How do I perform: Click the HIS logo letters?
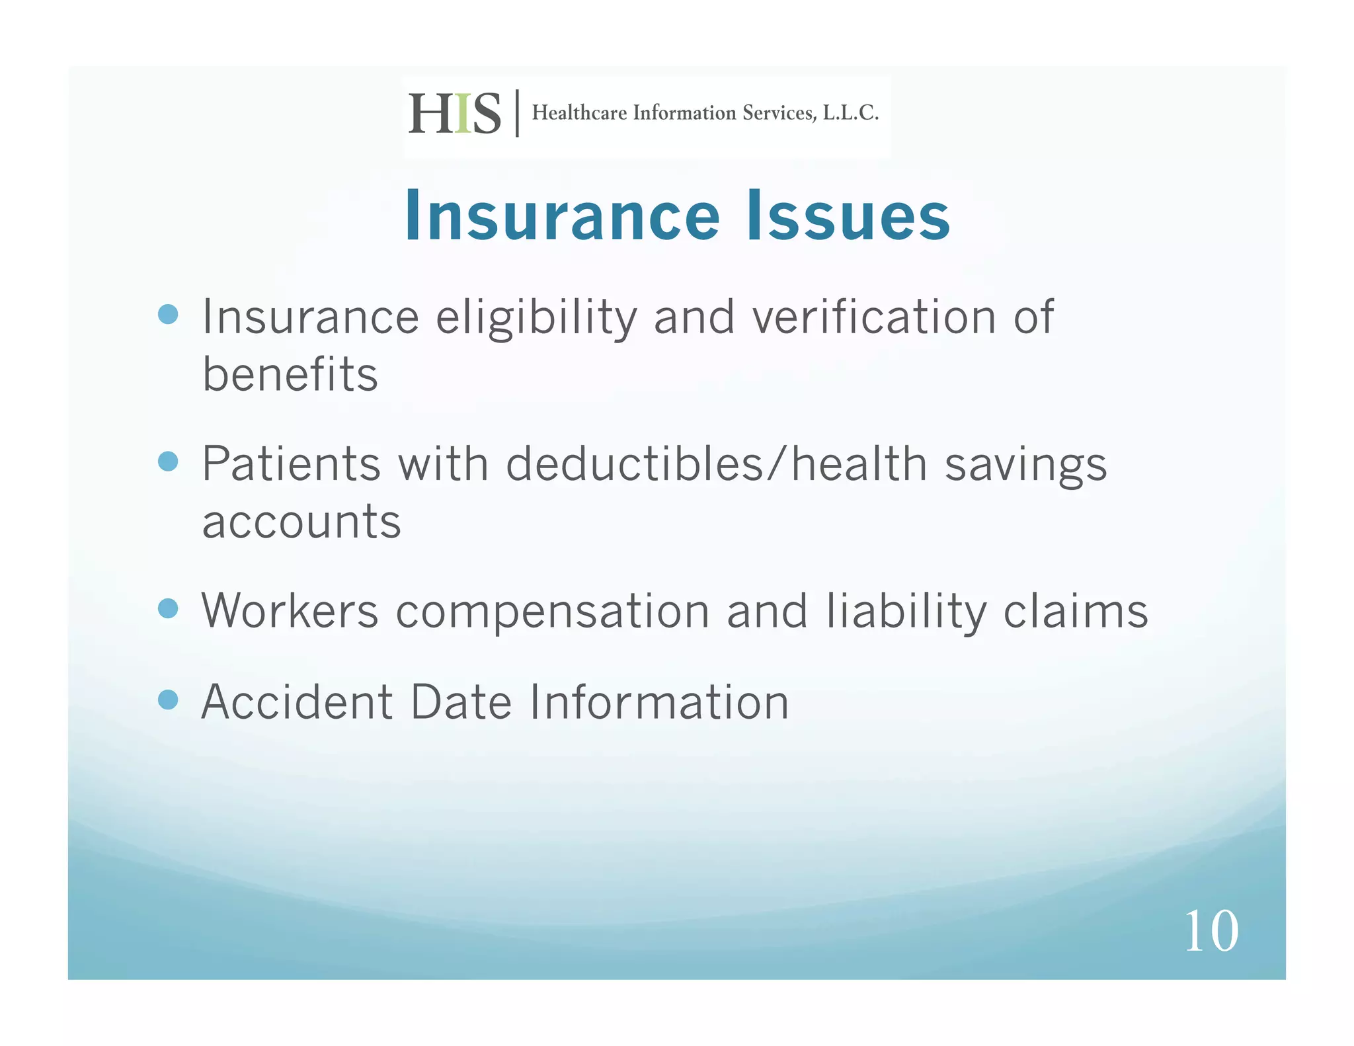[454, 114]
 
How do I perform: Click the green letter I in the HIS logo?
[463, 114]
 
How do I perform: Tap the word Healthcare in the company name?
[579, 113]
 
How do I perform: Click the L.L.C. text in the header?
[850, 113]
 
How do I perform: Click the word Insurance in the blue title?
[562, 216]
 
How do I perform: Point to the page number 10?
[1211, 931]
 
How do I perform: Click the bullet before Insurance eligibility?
[169, 314]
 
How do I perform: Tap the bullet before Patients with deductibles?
[169, 461]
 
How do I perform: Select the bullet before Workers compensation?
[169, 608]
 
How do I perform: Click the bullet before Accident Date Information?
[169, 700]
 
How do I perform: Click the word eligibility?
[536, 319]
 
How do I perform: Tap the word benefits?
[290, 375]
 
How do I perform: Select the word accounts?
[301, 522]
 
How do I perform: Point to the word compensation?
[553, 612]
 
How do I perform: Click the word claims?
[1076, 611]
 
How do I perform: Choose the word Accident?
[297, 702]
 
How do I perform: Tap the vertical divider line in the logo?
[517, 113]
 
